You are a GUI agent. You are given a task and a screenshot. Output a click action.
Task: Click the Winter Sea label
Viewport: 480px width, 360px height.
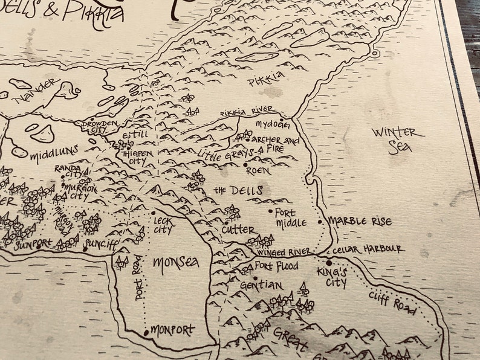click(394, 140)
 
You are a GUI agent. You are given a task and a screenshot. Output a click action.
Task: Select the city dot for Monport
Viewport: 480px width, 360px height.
click(146, 332)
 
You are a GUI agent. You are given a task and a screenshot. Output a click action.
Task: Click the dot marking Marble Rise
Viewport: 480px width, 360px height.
click(320, 222)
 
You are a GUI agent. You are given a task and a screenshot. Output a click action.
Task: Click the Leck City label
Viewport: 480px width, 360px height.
click(163, 225)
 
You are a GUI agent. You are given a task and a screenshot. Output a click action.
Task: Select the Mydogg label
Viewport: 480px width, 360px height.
click(272, 125)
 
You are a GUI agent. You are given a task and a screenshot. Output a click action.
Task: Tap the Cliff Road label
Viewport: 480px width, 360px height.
click(392, 302)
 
